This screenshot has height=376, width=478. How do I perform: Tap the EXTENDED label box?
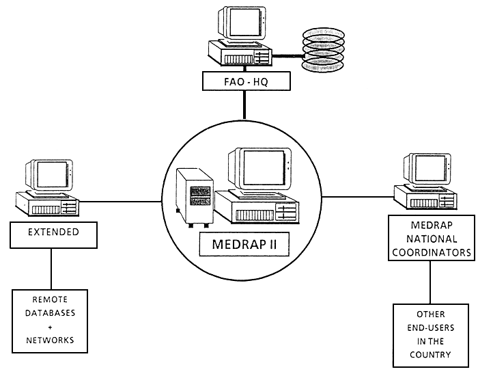pos(53,232)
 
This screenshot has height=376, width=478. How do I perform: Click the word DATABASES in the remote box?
pos(51,312)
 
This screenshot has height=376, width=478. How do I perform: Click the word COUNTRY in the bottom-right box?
pos(430,354)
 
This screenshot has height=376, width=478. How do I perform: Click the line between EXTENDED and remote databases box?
pos(51,269)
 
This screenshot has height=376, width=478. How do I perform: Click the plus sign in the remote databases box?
pos(51,325)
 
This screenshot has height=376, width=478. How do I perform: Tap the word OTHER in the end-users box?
pos(430,317)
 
